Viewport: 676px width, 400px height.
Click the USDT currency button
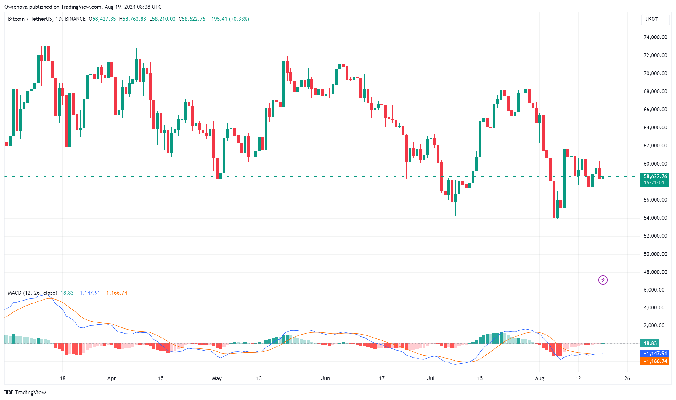(655, 20)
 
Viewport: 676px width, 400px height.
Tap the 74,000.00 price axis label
(655, 37)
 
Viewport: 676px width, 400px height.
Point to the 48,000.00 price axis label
(655, 272)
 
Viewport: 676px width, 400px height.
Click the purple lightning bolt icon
(603, 280)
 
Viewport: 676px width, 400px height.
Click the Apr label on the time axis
(112, 378)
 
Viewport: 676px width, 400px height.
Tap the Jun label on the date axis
(325, 378)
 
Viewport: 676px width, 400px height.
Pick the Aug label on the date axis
(539, 378)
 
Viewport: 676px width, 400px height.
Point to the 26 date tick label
(627, 378)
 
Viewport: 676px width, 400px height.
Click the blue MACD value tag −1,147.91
(654, 354)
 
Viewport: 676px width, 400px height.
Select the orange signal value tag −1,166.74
(654, 361)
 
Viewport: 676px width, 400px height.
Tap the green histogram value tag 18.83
(650, 343)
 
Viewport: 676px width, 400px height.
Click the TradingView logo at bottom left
(25, 392)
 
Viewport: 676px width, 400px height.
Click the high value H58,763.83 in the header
(132, 19)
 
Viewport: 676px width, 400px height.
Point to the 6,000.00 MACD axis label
(654, 290)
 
